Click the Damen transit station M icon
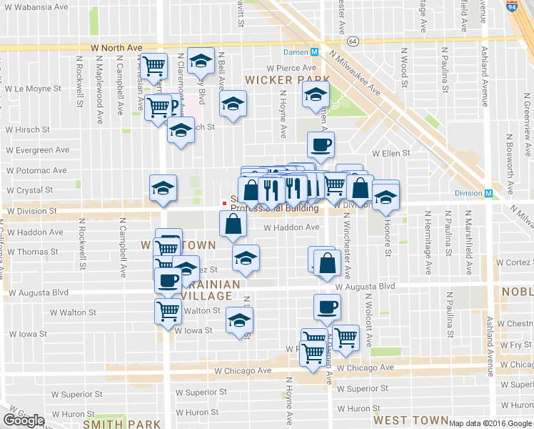coord(315,52)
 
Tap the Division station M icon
coord(489,193)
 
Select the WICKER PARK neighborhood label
coord(288,79)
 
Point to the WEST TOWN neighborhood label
coord(410,420)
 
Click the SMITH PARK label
coord(121,424)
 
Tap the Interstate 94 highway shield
coord(511,6)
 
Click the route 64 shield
coord(353,41)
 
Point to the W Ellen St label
coord(391,153)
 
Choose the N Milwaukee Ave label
coord(355,74)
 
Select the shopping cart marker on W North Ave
coord(154,66)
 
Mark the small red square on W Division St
coord(224,203)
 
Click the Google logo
coord(24,420)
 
